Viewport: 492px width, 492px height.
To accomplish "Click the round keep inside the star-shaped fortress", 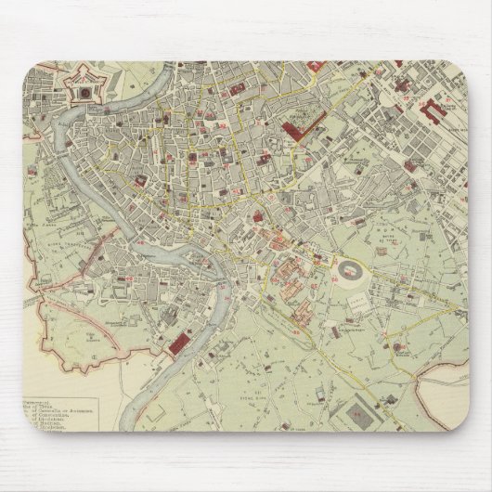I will (83, 90).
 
